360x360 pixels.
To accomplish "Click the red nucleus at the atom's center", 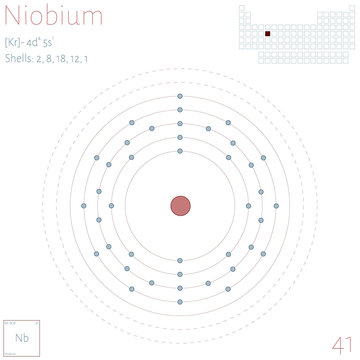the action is click(x=180, y=205).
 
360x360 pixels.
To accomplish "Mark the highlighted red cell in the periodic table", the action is click(x=268, y=33).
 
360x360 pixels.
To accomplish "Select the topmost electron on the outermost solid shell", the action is click(x=180, y=97).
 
